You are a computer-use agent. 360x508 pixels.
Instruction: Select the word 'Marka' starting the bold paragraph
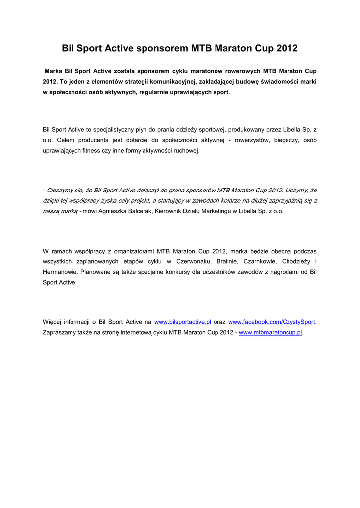tap(53, 71)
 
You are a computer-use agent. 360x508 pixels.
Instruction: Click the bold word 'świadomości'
tap(275, 82)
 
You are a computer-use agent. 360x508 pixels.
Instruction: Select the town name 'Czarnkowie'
tap(259, 261)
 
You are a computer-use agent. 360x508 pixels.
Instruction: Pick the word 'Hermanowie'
tap(59, 272)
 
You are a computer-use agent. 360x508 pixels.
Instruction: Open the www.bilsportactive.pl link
tap(183, 322)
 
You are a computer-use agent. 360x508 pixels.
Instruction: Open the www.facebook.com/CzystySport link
tap(272, 322)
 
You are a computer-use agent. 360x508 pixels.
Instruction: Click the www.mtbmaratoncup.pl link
tap(271, 332)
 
